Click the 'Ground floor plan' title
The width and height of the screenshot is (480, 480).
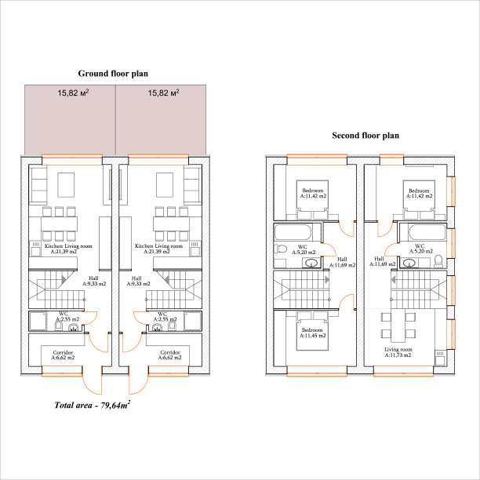113,74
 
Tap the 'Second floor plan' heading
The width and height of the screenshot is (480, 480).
365,136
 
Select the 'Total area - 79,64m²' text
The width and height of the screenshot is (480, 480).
92,405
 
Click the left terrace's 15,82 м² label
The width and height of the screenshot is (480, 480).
73,93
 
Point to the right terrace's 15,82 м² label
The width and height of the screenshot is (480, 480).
163,93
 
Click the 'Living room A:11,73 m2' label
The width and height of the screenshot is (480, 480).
398,352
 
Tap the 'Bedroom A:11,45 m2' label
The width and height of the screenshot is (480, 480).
312,333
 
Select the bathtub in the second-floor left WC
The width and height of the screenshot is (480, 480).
293,233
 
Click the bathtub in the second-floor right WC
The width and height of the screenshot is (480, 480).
427,233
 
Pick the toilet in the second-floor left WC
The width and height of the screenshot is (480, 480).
280,249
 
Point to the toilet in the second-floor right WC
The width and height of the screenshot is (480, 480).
438,261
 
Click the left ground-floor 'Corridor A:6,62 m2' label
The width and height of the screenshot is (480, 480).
63,355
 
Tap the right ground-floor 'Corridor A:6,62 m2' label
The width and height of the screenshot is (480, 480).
170,355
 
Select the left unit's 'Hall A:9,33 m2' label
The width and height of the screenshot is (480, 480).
94,281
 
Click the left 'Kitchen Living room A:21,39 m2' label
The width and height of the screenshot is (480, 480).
68,249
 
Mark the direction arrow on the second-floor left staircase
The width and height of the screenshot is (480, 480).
327,279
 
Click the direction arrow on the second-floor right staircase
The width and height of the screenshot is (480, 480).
394,279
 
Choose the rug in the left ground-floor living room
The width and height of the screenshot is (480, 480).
66,185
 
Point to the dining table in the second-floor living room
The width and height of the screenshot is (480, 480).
398,325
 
